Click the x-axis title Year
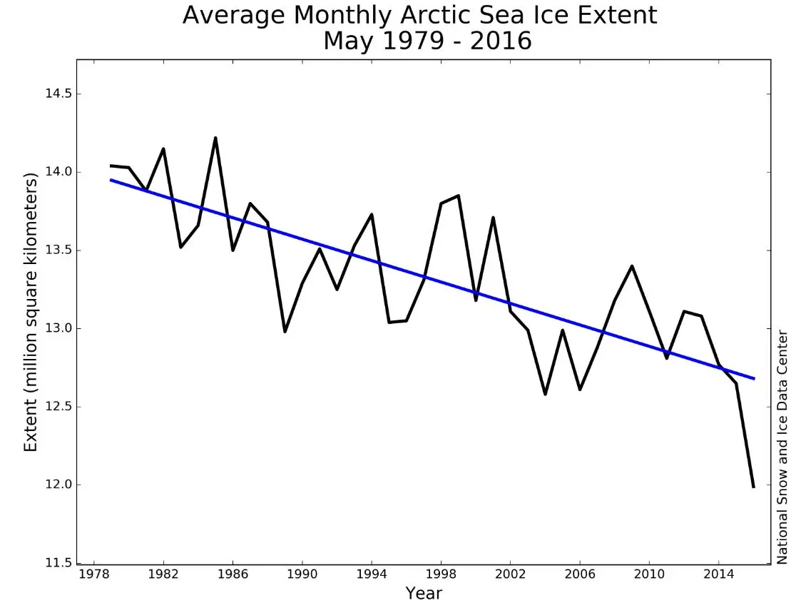pyautogui.click(x=424, y=593)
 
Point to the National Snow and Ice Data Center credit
pyautogui.click(x=783, y=446)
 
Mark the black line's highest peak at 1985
pyautogui.click(x=215, y=138)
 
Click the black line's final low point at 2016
pyautogui.click(x=753, y=487)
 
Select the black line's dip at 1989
pyautogui.click(x=285, y=331)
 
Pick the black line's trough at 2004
pyautogui.click(x=545, y=394)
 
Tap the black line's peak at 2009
pyautogui.click(x=632, y=266)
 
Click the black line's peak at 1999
pyautogui.click(x=458, y=196)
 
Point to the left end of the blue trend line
pyautogui.click(x=111, y=180)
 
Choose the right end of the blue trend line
pyautogui.click(x=754, y=378)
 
